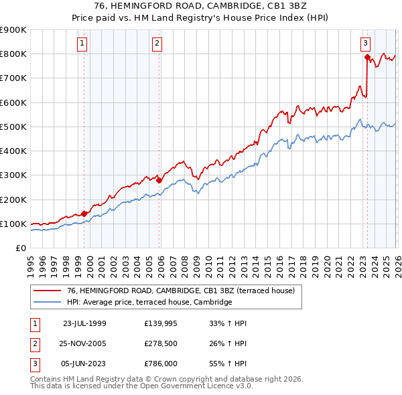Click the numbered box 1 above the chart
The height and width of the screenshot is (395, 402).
point(82,44)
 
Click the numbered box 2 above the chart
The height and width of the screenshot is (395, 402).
point(157,44)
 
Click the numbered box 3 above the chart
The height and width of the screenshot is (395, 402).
point(366,44)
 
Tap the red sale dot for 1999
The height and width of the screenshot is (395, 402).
point(84,214)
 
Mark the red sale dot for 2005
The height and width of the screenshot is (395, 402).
point(159,179)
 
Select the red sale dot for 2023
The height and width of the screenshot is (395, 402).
point(367,57)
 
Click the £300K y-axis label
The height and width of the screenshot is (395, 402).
point(14,175)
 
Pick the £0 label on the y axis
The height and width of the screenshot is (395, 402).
point(20,248)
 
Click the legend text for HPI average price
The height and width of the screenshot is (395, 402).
point(149,303)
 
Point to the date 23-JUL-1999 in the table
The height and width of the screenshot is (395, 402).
point(84,323)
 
